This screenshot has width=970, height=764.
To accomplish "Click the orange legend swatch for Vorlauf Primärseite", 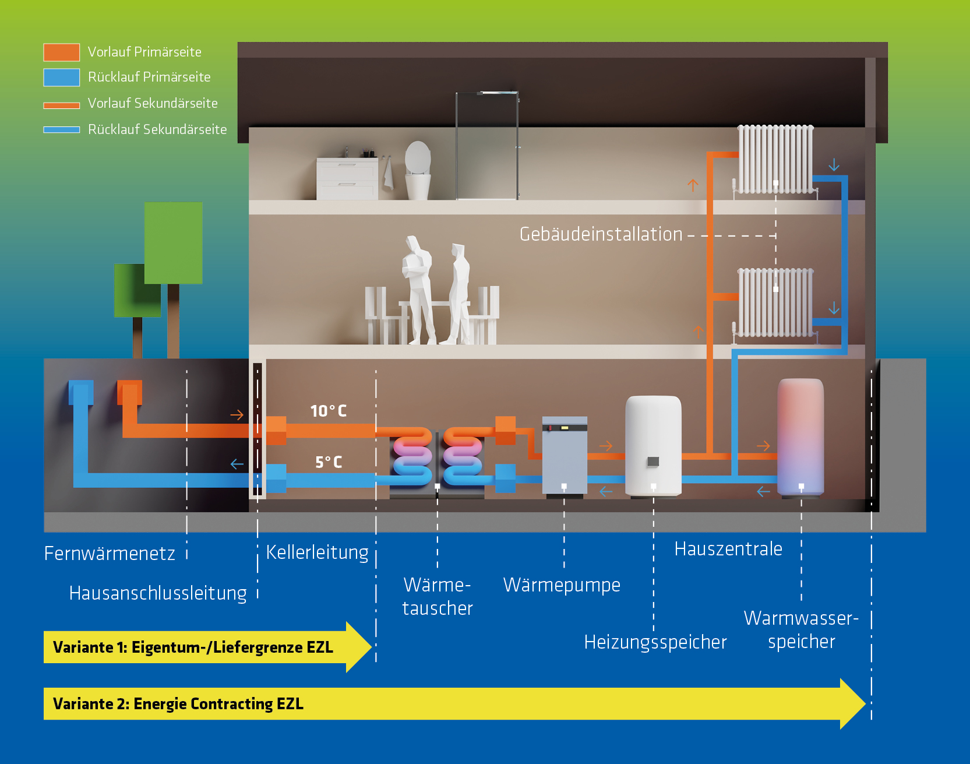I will pyautogui.click(x=61, y=52).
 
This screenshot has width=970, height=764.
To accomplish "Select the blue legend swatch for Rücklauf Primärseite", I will pyautogui.click(x=61, y=78).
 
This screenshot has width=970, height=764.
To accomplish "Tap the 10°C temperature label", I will pyautogui.click(x=328, y=411).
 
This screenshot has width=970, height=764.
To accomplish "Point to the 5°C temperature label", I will pyautogui.click(x=329, y=462).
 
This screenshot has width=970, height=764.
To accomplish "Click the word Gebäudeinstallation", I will pyautogui.click(x=601, y=234).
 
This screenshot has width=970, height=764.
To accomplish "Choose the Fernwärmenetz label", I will pyautogui.click(x=110, y=553).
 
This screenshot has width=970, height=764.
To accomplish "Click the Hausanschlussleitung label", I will pyautogui.click(x=158, y=593).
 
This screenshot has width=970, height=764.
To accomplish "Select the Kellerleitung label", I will pyautogui.click(x=317, y=552).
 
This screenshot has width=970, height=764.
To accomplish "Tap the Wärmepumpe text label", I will pyautogui.click(x=562, y=585).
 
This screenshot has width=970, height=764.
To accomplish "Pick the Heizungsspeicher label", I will pyautogui.click(x=655, y=642).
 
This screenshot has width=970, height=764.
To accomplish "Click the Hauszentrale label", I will pyautogui.click(x=728, y=549).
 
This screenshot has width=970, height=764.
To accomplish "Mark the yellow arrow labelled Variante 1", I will pyautogui.click(x=198, y=647).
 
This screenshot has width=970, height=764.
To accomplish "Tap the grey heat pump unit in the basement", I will pyautogui.click(x=565, y=455).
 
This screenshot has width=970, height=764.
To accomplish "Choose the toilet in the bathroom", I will pyautogui.click(x=418, y=170).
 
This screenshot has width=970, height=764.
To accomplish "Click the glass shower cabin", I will pyautogui.click(x=487, y=146).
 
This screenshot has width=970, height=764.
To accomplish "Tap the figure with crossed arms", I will pyautogui.click(x=417, y=288).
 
